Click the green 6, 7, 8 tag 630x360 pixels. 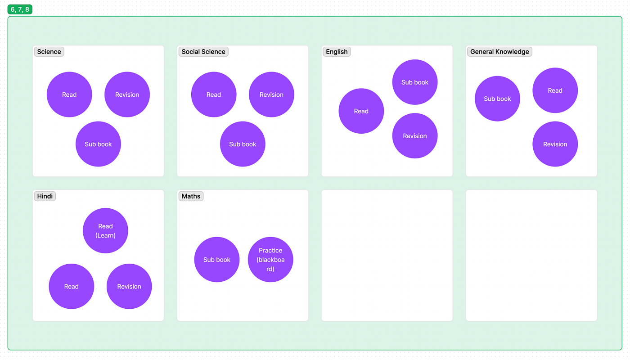point(20,9)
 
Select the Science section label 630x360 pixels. point(49,52)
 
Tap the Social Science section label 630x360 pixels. point(203,52)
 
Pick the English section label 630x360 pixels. point(337,52)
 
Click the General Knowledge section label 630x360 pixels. point(499,52)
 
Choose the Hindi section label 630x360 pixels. point(45,196)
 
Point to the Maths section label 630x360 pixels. point(191,196)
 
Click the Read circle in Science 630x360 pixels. point(69,94)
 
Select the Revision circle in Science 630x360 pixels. point(127,94)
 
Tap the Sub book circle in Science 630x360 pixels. point(98,144)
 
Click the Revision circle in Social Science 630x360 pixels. point(271,94)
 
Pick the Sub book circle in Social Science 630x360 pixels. point(243,144)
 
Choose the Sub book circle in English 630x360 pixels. point(415,82)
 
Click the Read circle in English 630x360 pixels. point(361,111)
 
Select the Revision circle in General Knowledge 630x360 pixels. point(555,144)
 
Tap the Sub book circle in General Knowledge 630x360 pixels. point(497,99)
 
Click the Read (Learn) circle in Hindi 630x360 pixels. point(105,230)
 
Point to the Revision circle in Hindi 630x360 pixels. point(129,286)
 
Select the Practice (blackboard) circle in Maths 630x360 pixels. point(270,260)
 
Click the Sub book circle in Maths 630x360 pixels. point(217,260)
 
